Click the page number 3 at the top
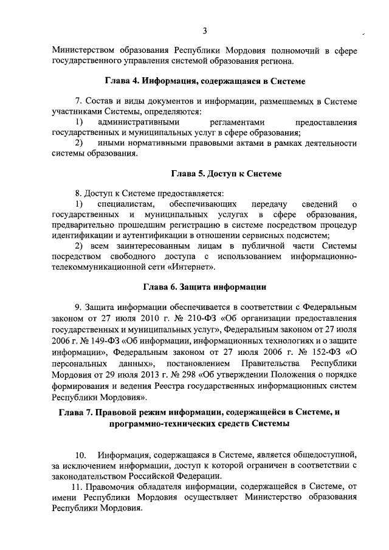tap(205, 30)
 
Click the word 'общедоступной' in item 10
tap(328, 454)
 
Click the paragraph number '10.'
tap(81, 454)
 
